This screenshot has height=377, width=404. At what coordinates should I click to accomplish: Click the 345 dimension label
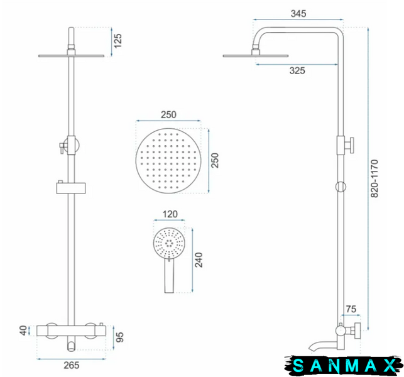click(298, 13)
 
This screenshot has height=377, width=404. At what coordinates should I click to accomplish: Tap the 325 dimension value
click(297, 70)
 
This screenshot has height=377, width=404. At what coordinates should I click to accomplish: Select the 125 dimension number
click(117, 41)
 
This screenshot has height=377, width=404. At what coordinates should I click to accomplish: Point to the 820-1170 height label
click(374, 178)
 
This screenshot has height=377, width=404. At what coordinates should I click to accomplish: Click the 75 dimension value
click(351, 309)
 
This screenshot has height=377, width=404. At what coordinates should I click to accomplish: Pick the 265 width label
click(72, 365)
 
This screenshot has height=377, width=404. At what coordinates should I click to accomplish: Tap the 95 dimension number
click(119, 337)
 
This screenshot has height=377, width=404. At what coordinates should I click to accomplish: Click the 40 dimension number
click(23, 331)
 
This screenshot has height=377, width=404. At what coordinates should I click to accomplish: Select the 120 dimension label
click(170, 214)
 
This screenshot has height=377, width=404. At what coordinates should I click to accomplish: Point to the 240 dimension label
click(199, 260)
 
